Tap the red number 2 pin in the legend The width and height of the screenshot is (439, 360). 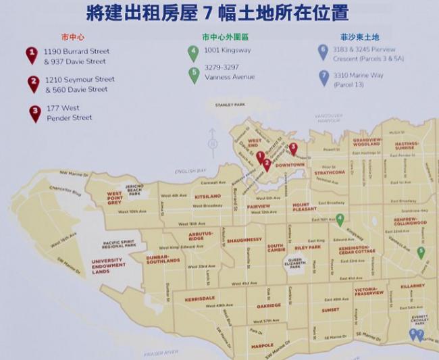(x=33, y=84)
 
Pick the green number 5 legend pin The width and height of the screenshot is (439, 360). (x=194, y=74)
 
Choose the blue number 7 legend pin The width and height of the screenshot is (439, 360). (x=323, y=77)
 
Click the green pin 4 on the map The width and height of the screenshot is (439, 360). (x=340, y=220)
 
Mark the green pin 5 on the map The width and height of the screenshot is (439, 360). (x=420, y=253)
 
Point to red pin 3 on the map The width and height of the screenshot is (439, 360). (x=293, y=149)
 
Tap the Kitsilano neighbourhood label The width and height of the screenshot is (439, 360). (x=207, y=197)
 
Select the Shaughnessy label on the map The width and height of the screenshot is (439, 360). (x=244, y=240)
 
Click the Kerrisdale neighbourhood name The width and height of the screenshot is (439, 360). (x=200, y=298)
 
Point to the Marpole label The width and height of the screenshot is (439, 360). (x=262, y=345)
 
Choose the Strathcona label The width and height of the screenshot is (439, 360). (x=329, y=172)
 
